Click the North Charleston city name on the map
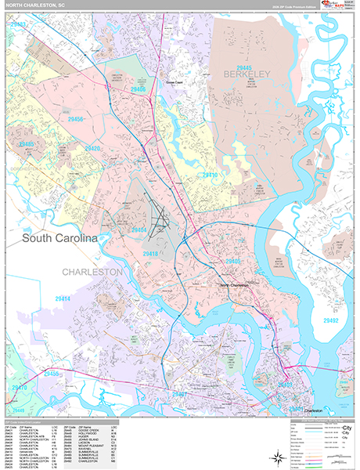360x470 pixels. point(233,285)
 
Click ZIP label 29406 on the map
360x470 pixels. point(139,90)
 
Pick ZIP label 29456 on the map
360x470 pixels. point(76,119)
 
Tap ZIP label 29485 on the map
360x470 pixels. point(27,145)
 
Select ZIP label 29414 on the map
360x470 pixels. point(63,298)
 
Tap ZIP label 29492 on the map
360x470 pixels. point(330,298)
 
